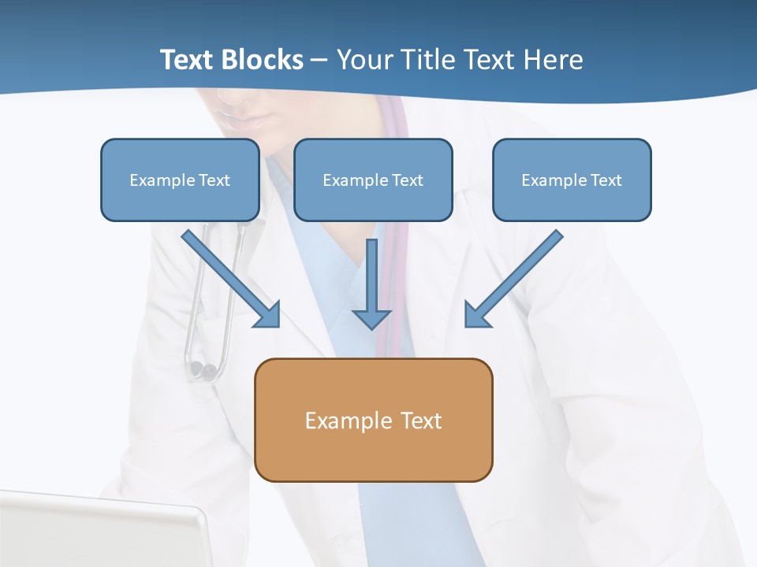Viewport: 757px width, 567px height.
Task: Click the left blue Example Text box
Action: pyautogui.click(x=180, y=180)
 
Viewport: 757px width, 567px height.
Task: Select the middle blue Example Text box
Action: pyautogui.click(x=373, y=180)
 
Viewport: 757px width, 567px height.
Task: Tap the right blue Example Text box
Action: pyautogui.click(x=572, y=180)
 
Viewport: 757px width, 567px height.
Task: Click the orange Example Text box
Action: pyautogui.click(x=374, y=420)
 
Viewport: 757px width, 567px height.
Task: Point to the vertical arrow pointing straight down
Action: pyautogui.click(x=371, y=283)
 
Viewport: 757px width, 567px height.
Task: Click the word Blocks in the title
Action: pyautogui.click(x=263, y=60)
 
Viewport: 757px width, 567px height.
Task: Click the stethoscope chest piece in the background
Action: pyautogui.click(x=203, y=369)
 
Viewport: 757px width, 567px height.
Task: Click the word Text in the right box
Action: pyautogui.click(x=606, y=180)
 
